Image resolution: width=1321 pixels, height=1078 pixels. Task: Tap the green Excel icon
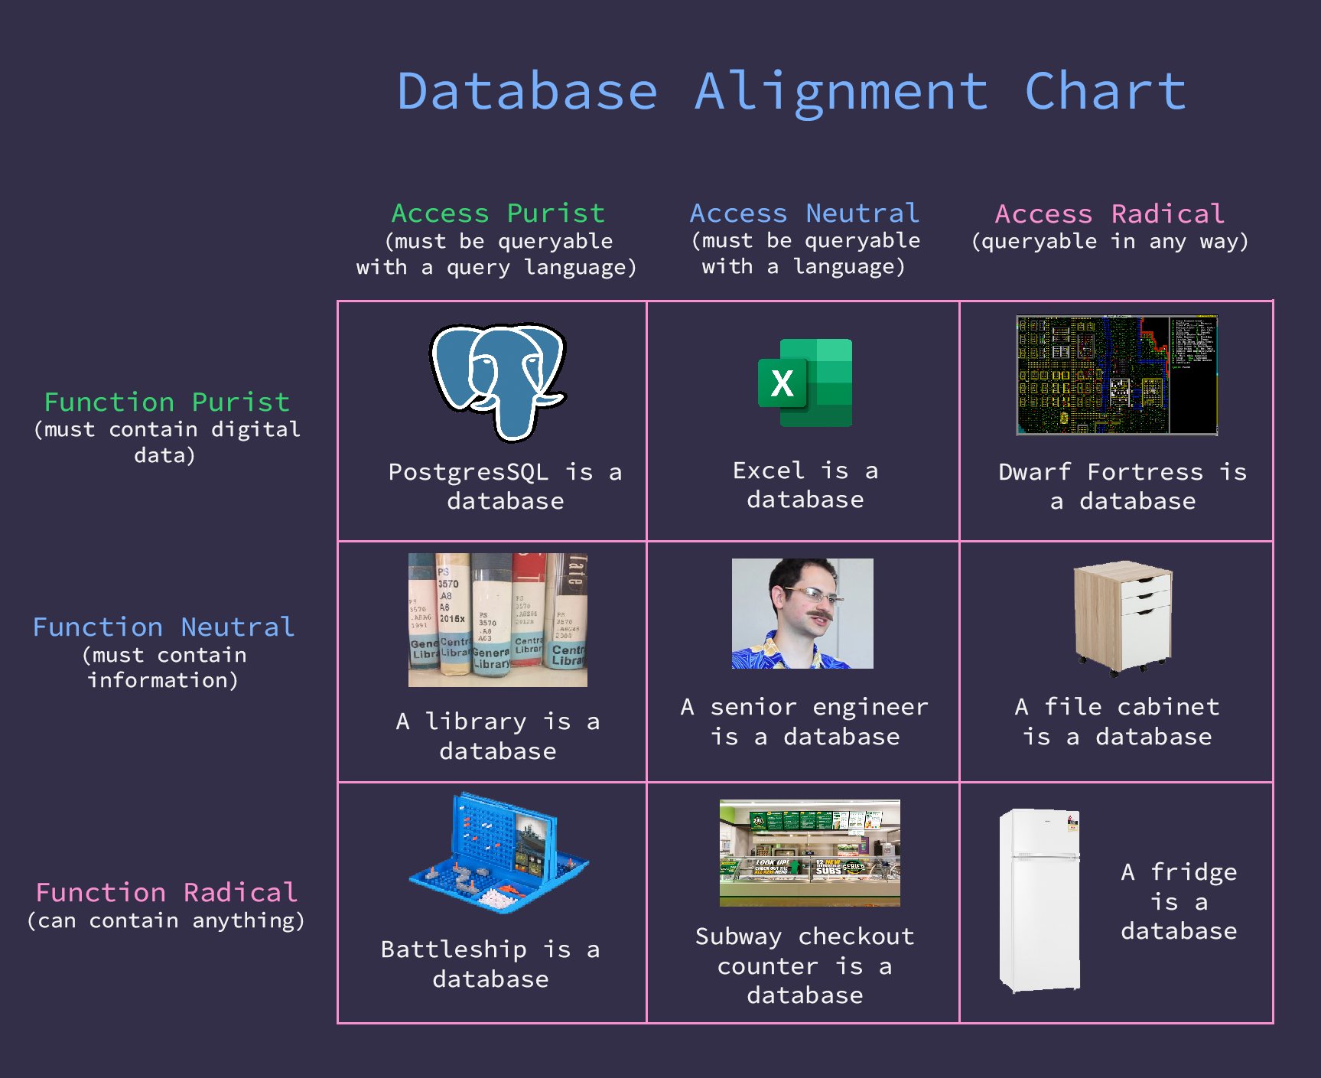click(805, 383)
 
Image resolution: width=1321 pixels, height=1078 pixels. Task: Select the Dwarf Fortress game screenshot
click(1116, 375)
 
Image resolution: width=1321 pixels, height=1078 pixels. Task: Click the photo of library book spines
click(498, 620)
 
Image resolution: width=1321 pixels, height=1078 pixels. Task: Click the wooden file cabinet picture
click(1122, 617)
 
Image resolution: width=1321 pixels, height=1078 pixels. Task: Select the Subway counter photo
click(809, 852)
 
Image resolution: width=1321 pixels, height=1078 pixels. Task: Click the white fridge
click(1040, 900)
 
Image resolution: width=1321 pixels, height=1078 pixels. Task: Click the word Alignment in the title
click(841, 92)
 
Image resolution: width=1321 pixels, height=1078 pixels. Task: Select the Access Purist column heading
click(498, 213)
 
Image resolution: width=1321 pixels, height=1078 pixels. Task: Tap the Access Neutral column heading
click(804, 213)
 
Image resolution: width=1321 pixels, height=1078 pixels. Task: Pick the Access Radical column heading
click(1109, 213)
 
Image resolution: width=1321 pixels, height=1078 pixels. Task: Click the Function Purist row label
click(167, 402)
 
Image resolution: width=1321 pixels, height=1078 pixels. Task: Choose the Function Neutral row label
click(164, 627)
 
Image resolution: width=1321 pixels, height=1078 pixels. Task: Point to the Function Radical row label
click(166, 892)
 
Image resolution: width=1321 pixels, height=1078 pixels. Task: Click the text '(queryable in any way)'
click(1109, 241)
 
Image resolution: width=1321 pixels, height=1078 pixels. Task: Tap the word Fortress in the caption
click(1145, 472)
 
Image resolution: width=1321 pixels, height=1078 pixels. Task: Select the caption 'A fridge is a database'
click(1179, 901)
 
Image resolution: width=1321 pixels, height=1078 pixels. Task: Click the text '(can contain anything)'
click(166, 920)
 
